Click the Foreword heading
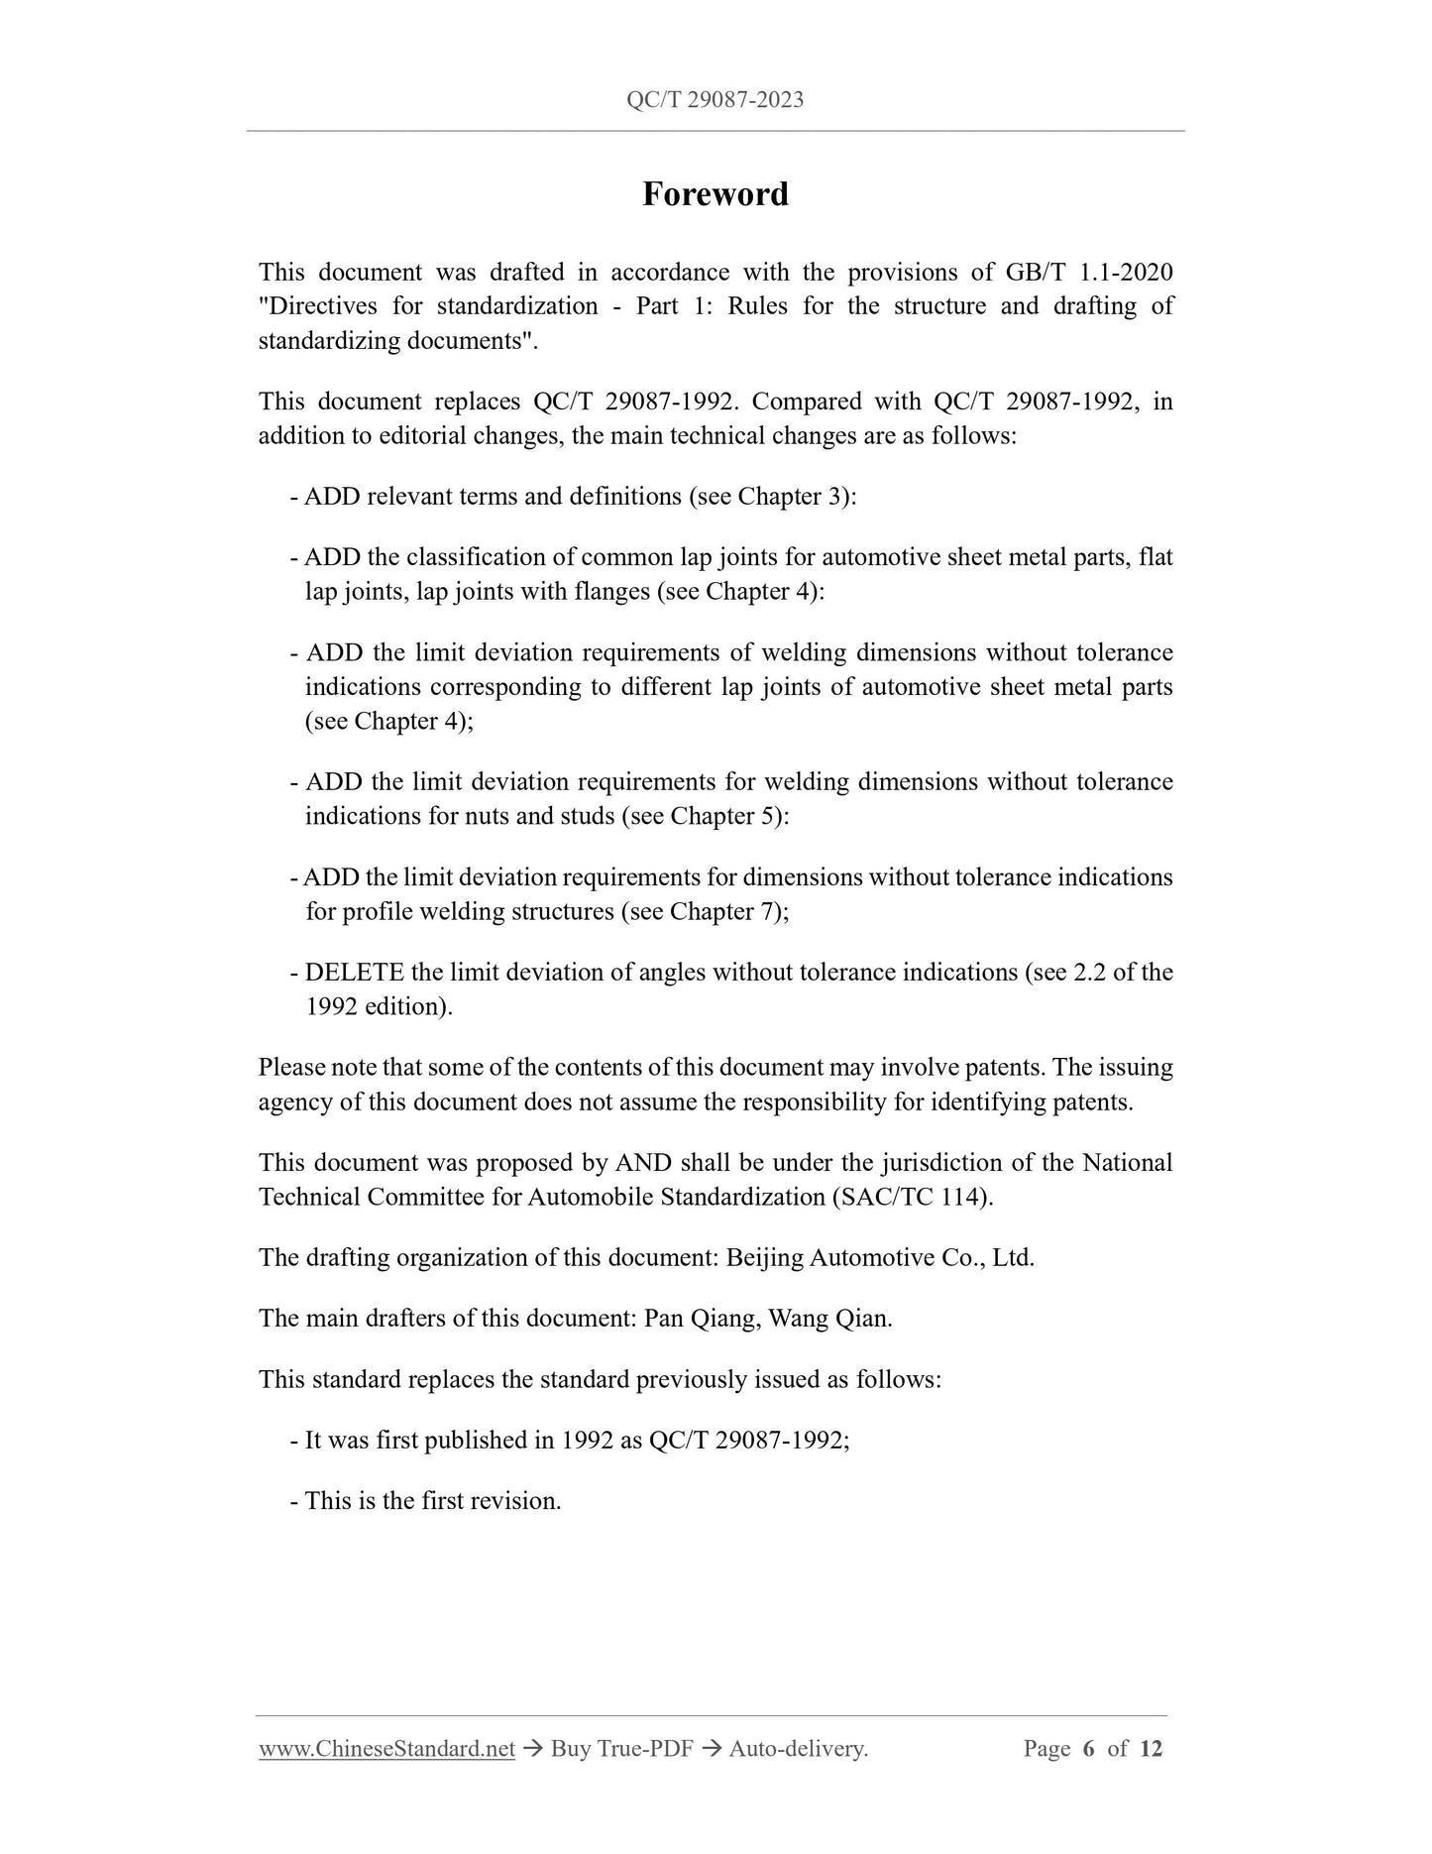(715, 194)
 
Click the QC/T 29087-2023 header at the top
(715, 99)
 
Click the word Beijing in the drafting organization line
(764, 1258)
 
